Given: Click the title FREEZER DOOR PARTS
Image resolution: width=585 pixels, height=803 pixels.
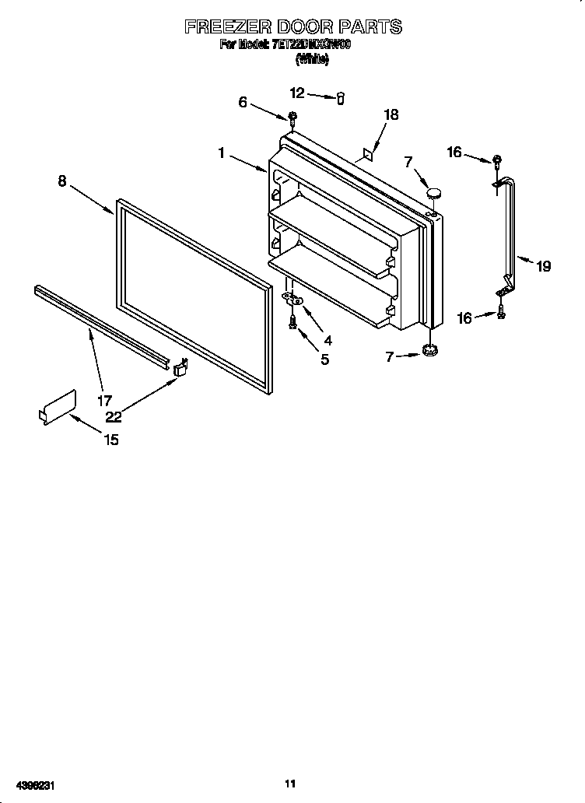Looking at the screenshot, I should pyautogui.click(x=292, y=26).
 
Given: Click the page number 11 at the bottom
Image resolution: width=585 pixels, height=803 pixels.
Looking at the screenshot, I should pyautogui.click(x=291, y=784).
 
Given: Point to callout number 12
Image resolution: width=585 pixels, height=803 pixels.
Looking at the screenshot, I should pyautogui.click(x=298, y=93).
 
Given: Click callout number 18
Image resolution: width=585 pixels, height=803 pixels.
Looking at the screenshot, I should pyautogui.click(x=391, y=114).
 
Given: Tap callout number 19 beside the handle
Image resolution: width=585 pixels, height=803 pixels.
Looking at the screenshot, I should pyautogui.click(x=543, y=266).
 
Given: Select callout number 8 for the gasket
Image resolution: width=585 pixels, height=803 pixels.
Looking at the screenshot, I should pyautogui.click(x=62, y=181).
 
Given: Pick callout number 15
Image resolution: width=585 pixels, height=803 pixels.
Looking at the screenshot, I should pyautogui.click(x=110, y=440).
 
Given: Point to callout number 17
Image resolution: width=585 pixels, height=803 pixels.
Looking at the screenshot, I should pyautogui.click(x=104, y=401).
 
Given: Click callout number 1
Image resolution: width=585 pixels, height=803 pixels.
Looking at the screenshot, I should pyautogui.click(x=222, y=154).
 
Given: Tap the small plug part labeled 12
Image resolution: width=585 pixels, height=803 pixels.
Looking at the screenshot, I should pyautogui.click(x=340, y=97).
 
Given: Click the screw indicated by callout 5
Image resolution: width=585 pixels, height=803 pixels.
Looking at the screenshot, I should pyautogui.click(x=293, y=321).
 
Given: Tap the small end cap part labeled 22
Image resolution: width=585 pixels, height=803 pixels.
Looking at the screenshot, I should pyautogui.click(x=181, y=367).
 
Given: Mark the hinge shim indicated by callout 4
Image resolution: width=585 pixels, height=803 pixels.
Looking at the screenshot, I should pyautogui.click(x=292, y=299).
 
